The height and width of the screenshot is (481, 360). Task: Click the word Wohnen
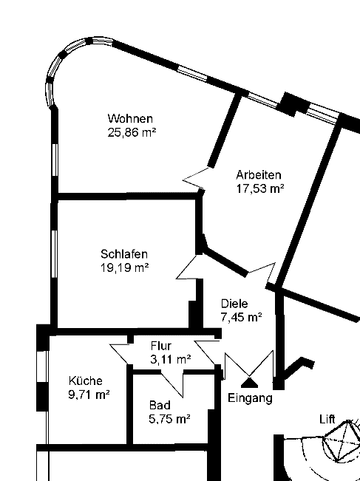click(130, 118)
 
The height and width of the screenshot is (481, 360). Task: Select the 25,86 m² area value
click(132, 132)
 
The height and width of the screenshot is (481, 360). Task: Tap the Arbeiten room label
click(259, 175)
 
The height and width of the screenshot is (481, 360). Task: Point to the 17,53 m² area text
click(260, 188)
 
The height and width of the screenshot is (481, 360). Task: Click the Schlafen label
click(124, 254)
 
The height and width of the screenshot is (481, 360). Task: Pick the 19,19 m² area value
click(125, 267)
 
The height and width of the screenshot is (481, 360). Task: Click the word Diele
click(234, 304)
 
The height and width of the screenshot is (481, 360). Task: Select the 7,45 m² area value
click(241, 317)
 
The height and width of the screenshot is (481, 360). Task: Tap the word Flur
click(161, 346)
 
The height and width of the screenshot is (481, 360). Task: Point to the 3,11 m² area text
click(171, 359)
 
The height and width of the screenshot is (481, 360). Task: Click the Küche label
click(85, 381)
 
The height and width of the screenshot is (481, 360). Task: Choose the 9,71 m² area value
click(89, 395)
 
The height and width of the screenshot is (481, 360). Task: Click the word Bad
click(160, 405)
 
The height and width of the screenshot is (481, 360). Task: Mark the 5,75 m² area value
click(169, 419)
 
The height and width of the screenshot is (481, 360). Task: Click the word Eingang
click(250, 398)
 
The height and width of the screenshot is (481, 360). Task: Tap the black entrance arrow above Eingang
click(250, 383)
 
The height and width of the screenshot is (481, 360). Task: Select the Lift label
click(327, 420)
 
